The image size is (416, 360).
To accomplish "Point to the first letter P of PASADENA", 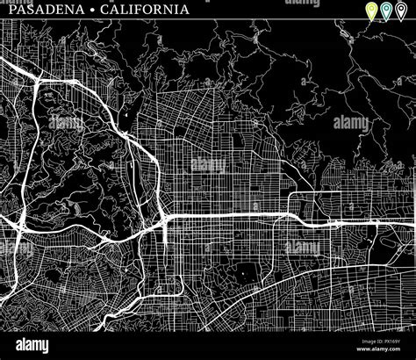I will pyautogui.click(x=6, y=10).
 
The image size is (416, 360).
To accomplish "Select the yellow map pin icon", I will pyautogui.click(x=371, y=11).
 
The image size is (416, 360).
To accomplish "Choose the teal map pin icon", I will pyautogui.click(x=386, y=11).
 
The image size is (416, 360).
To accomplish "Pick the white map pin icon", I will pyautogui.click(x=401, y=11).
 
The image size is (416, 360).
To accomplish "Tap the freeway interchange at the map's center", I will pyautogui.click(x=164, y=217).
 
